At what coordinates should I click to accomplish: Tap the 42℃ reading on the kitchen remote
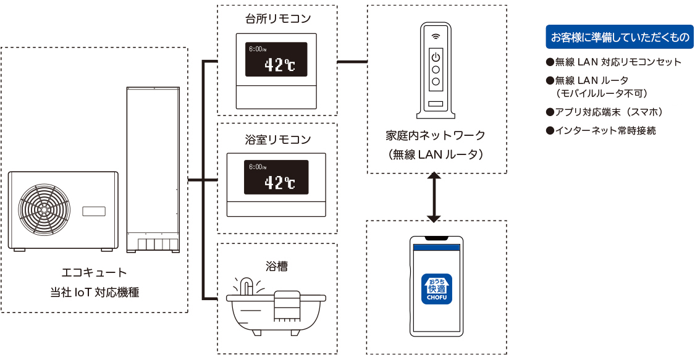(279, 65)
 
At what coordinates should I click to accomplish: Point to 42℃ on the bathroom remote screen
(279, 182)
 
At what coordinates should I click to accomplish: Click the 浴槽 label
(277, 267)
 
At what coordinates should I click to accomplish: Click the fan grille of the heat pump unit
(44, 209)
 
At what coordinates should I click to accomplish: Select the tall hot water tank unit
(153, 169)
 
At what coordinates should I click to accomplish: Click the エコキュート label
(95, 272)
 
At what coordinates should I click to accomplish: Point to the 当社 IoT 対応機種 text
(95, 292)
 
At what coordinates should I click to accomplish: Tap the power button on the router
(436, 57)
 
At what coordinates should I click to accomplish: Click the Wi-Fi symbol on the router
(436, 36)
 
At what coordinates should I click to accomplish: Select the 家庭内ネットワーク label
(436, 135)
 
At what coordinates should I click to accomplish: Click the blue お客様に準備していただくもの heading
(618, 37)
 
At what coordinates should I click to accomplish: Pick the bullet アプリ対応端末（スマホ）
(608, 112)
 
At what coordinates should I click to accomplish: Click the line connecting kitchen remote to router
(352, 61)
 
